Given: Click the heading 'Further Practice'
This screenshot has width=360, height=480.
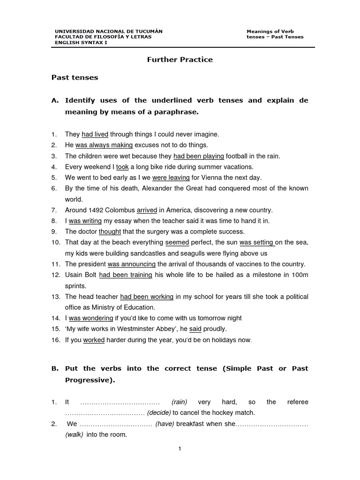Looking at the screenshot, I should (180, 60).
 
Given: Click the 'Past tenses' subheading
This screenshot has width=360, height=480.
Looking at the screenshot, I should (75, 78).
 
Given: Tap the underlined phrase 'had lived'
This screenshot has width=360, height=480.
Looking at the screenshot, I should (95, 135).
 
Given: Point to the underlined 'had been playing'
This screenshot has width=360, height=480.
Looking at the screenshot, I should (198, 156).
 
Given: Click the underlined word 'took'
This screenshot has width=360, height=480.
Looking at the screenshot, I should (122, 167).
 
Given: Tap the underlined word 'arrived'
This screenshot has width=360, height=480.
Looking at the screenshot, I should (147, 210).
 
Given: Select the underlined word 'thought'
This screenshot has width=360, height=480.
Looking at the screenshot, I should (110, 232).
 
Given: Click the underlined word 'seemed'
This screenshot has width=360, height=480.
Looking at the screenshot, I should (177, 242).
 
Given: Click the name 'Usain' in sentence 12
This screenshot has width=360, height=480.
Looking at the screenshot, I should (74, 275).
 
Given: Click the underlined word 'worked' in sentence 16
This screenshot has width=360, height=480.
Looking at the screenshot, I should (94, 340).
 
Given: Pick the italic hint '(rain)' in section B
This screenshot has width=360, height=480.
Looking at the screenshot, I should (180, 402).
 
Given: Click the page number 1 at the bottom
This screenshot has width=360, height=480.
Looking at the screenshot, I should (180, 449).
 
